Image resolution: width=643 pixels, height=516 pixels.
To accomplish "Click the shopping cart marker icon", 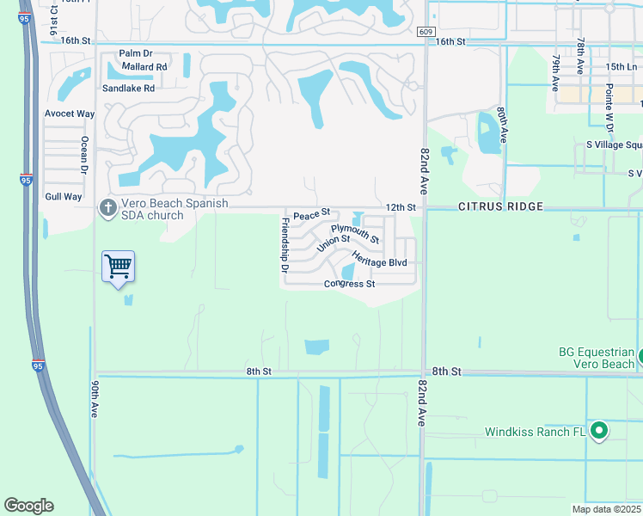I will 118,267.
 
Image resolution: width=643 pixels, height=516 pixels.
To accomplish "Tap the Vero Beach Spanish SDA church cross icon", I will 108,207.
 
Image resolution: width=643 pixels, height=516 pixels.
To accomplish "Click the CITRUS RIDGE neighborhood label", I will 500,207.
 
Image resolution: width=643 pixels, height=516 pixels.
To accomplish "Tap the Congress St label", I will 350,284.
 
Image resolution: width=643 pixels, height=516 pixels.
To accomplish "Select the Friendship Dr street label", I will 285,245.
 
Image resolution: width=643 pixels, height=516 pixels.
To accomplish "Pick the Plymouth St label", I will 355,233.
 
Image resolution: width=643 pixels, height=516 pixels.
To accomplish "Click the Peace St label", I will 311,214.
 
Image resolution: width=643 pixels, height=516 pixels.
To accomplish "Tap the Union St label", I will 334,244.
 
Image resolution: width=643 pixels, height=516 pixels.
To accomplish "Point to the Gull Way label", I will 63,197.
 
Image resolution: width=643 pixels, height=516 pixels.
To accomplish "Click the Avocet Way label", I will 70,114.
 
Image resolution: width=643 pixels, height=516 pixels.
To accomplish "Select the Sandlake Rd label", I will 128,88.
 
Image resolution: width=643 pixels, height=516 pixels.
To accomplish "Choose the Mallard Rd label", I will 144,66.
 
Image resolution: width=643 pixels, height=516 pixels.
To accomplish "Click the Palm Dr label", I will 135,53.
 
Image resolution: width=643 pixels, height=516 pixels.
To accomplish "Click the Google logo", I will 28,506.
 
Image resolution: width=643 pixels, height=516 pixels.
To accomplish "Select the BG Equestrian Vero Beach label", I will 597,357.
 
